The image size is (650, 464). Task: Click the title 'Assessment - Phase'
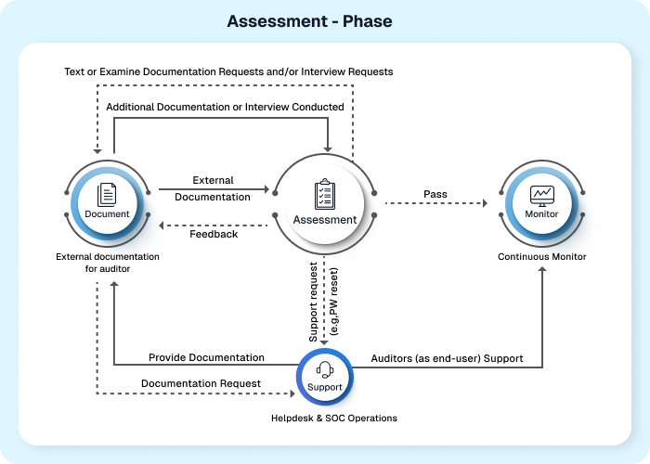coord(309,20)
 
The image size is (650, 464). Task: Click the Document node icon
coord(107,193)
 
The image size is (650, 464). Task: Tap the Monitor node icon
coord(541,194)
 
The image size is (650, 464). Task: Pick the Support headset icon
coord(325,371)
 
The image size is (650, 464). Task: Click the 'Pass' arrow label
coord(435,194)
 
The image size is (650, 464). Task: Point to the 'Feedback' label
coord(214,234)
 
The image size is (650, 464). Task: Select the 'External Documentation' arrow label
coord(214,188)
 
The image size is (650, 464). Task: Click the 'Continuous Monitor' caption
coord(542,256)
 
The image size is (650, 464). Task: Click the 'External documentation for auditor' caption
coord(108,263)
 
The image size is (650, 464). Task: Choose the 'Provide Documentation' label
coord(207,357)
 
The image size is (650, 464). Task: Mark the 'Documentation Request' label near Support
coord(201,382)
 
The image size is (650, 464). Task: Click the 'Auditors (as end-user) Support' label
coord(447,357)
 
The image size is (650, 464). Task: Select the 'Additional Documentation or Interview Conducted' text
coord(226,107)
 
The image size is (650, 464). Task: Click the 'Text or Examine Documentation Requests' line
coord(228,71)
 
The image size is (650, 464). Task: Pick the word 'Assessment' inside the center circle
coord(325,220)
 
